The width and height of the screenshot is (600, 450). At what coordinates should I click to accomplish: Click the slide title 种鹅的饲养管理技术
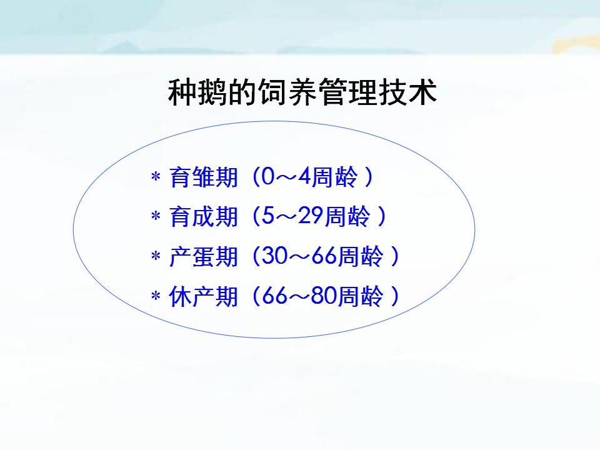tap(302, 92)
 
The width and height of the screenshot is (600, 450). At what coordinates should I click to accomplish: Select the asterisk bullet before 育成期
tap(156, 216)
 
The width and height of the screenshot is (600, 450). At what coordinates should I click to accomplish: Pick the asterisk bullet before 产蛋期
tap(156, 256)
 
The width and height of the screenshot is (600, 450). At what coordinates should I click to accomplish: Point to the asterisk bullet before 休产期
tap(156, 296)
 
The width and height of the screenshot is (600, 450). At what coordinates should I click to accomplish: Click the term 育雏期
tap(204, 177)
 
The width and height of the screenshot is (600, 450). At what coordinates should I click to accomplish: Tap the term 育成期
tap(204, 216)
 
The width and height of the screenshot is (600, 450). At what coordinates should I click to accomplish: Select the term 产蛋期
tap(204, 256)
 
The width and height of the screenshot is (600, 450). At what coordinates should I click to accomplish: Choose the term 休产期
tap(204, 296)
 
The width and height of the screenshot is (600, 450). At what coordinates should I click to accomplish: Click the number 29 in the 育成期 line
tap(311, 216)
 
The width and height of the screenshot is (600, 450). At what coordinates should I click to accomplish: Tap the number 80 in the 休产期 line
tap(324, 295)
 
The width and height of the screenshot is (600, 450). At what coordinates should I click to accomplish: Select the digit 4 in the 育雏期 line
tap(304, 176)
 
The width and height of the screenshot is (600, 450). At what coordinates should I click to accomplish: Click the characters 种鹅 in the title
tap(197, 92)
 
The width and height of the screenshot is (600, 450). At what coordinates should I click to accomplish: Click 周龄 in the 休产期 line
tap(361, 296)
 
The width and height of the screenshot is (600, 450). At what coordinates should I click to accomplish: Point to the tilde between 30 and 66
tap(299, 256)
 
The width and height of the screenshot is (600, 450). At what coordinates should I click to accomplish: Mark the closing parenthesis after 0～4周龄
tap(369, 177)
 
